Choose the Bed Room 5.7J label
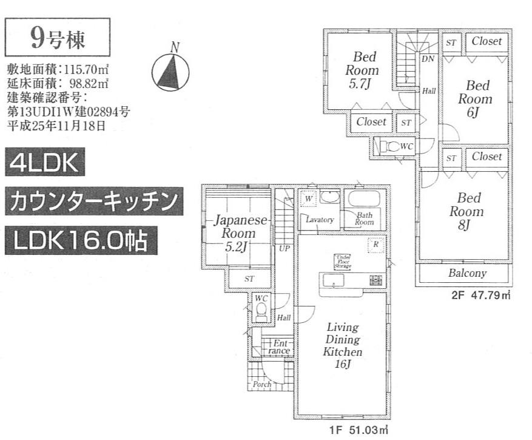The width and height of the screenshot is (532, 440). click(362, 70)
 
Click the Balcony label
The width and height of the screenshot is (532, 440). click(467, 274)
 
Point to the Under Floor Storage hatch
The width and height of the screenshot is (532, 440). click(342, 262)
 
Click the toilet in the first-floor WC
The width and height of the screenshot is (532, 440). click(261, 313)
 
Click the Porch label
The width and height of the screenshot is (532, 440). click(262, 385)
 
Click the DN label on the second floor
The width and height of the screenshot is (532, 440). click(428, 59)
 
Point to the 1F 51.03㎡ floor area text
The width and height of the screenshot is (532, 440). click(358, 430)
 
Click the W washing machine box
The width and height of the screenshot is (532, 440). click(308, 198)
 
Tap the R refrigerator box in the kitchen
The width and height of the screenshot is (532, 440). click(376, 244)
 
